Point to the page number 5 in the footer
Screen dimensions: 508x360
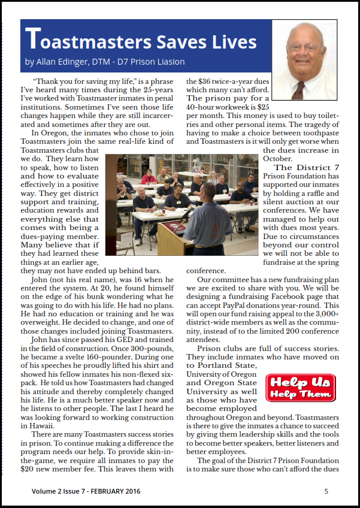click(326, 491)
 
